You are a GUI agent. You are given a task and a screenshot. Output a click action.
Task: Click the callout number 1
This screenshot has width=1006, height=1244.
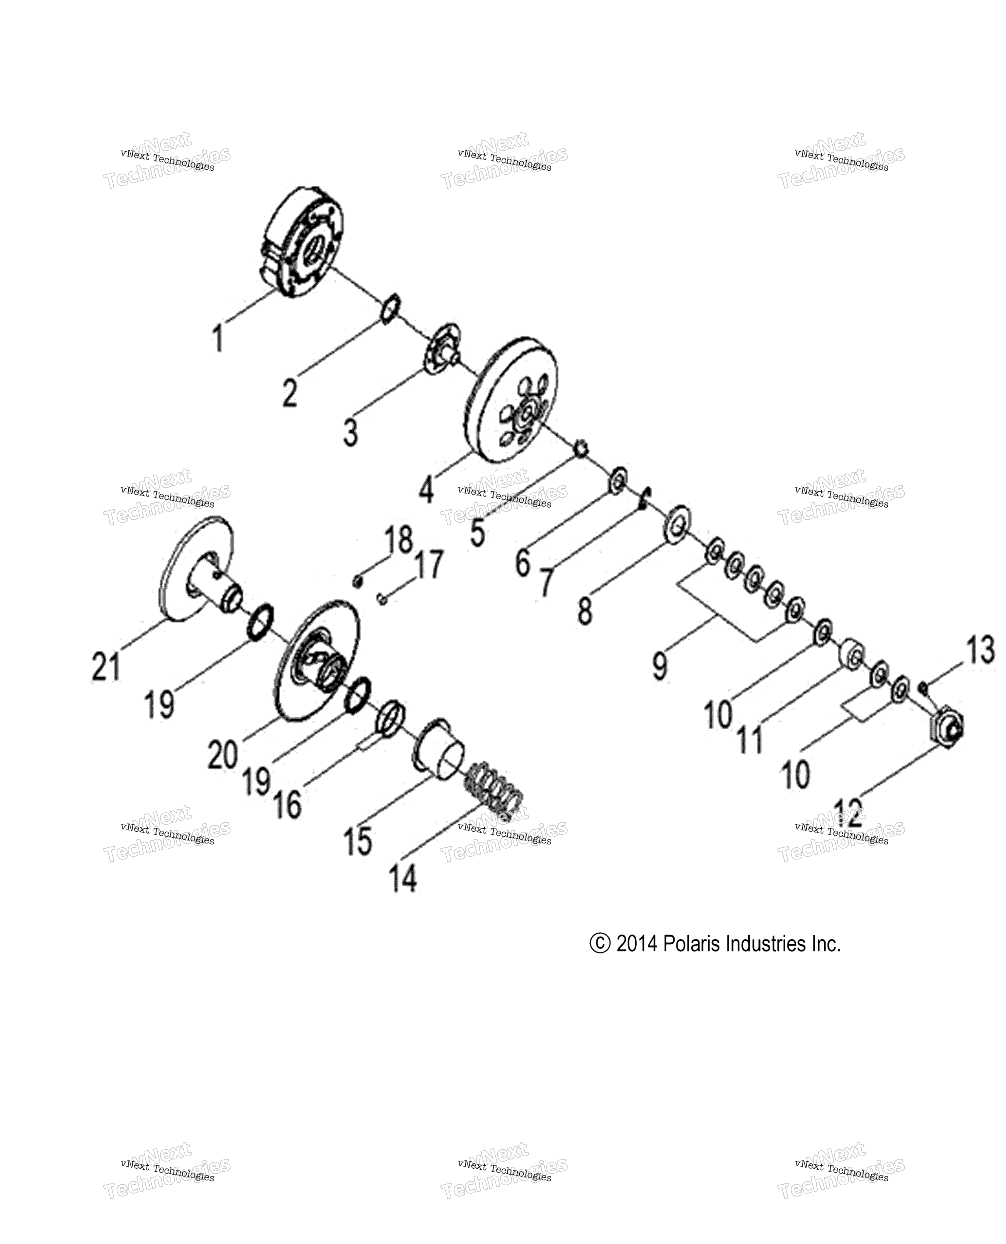[x=218, y=338]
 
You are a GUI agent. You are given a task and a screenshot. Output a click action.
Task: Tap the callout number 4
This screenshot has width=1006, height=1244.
[x=426, y=489]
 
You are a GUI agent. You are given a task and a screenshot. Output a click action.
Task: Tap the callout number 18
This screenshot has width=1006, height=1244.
[x=399, y=540]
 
